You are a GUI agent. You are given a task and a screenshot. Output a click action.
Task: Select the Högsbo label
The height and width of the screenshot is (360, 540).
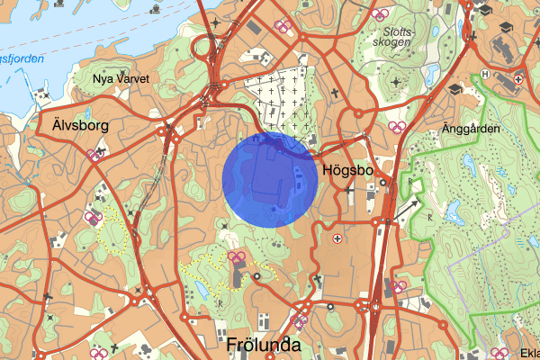click(x=343, y=168)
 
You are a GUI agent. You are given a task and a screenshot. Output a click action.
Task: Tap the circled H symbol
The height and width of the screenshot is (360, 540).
click(x=485, y=74)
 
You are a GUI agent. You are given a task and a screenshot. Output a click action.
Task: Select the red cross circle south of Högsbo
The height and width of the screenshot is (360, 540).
click(x=337, y=238)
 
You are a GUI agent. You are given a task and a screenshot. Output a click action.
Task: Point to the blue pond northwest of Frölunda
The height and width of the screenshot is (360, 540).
click(x=197, y=289)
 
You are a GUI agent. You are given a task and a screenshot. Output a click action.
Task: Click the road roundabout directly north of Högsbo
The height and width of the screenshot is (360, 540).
click(x=357, y=114)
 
